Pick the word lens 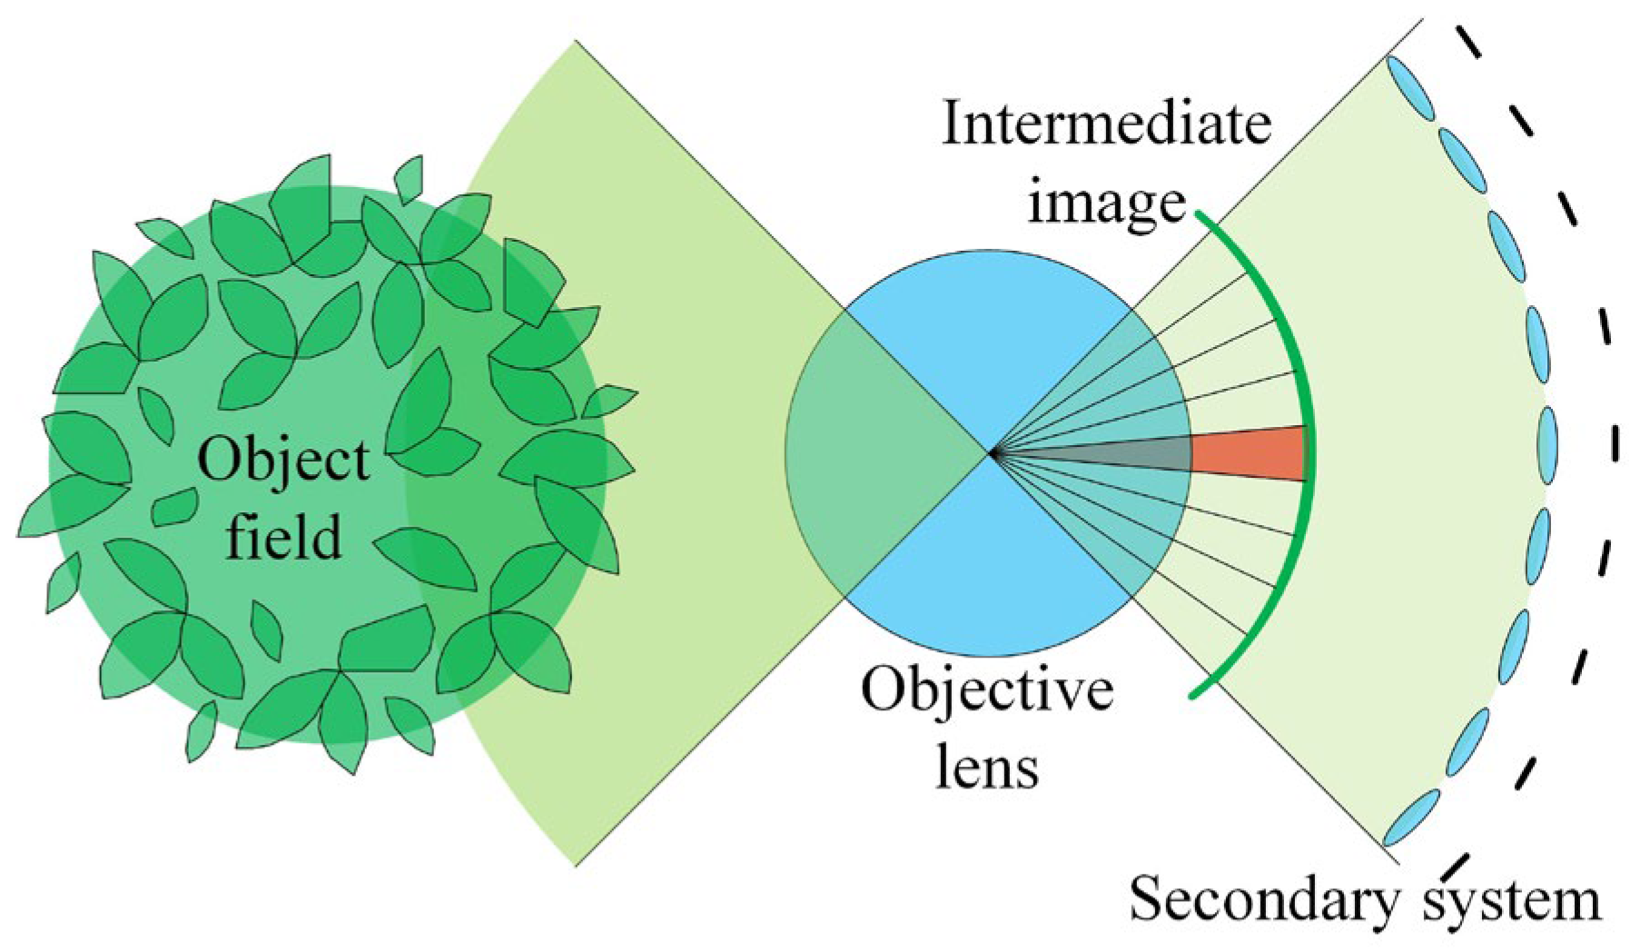(987, 768)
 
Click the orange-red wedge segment (1249, 452)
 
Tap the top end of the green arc (1199, 214)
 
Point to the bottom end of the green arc (1192, 696)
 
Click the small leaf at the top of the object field (409, 179)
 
